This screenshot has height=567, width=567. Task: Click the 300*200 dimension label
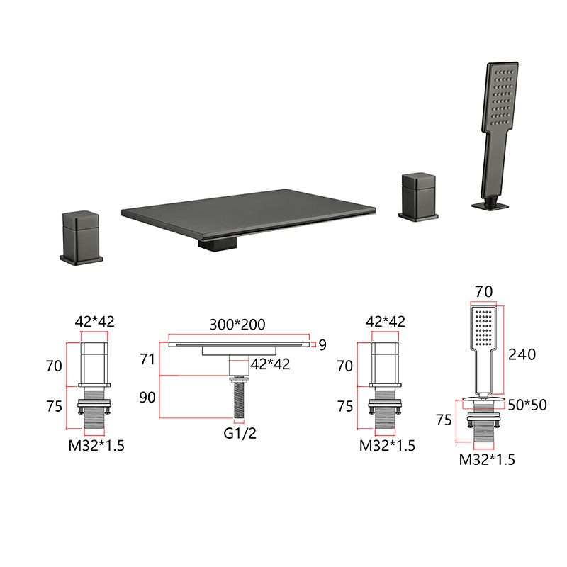click(237, 325)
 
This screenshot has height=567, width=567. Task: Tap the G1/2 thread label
click(240, 433)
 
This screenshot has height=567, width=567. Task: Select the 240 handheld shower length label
click(522, 354)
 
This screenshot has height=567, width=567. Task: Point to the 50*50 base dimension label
click(527, 405)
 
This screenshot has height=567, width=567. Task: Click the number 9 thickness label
click(322, 345)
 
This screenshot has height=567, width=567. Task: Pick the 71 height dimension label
click(147, 359)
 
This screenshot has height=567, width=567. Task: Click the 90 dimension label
click(147, 398)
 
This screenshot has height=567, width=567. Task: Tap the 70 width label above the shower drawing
click(483, 291)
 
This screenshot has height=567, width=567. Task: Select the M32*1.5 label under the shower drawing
click(487, 459)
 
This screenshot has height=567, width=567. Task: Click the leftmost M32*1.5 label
click(96, 446)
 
